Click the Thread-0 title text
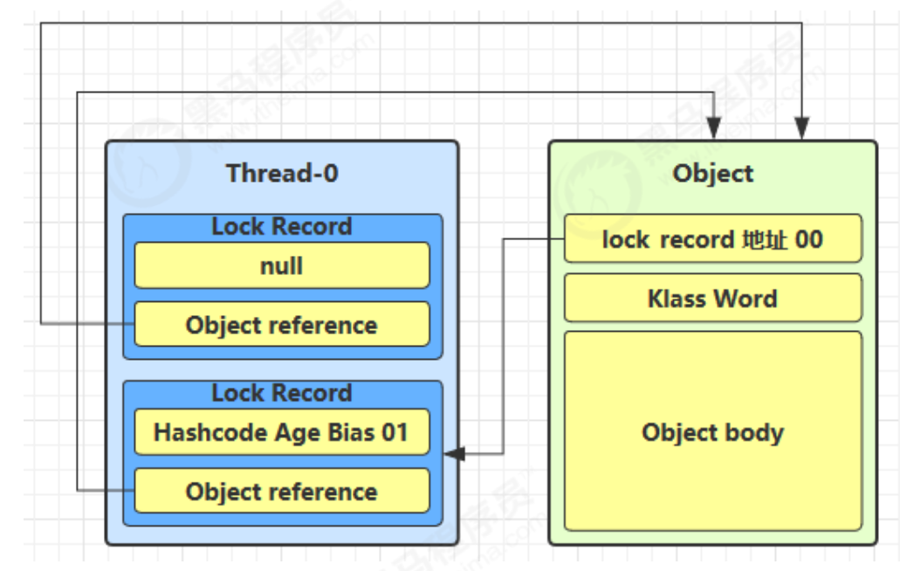tap(282, 174)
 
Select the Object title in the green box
tap(713, 174)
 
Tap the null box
tap(282, 265)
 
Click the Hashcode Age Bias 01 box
tap(282, 432)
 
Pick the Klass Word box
tap(713, 298)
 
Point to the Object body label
tap(713, 433)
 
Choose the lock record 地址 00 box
tap(713, 238)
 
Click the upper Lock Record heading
tap(282, 226)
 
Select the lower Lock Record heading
tap(282, 393)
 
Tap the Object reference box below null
tap(282, 324)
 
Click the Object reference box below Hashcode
tap(282, 491)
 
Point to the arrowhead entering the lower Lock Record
tap(454, 454)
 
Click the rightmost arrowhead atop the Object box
tap(802, 128)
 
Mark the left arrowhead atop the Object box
tap(713, 128)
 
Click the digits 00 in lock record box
tap(808, 239)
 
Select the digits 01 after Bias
tap(395, 432)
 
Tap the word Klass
tap(676, 299)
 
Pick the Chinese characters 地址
tap(765, 239)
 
